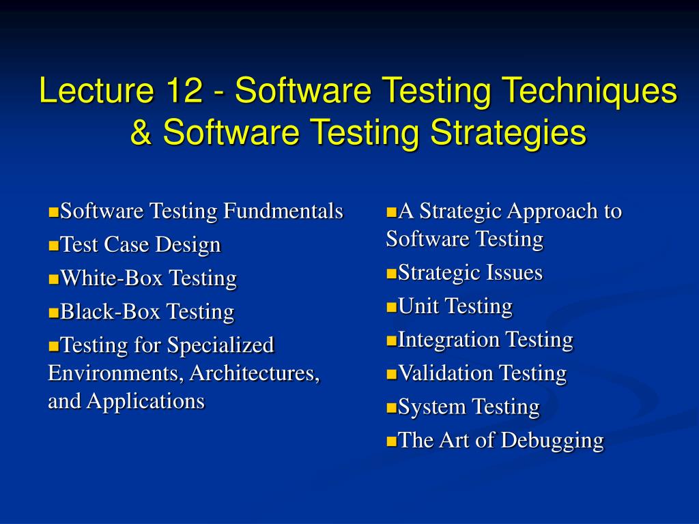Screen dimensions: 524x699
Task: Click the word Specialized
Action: [220, 345]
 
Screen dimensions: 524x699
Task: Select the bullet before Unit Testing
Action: [391, 307]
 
